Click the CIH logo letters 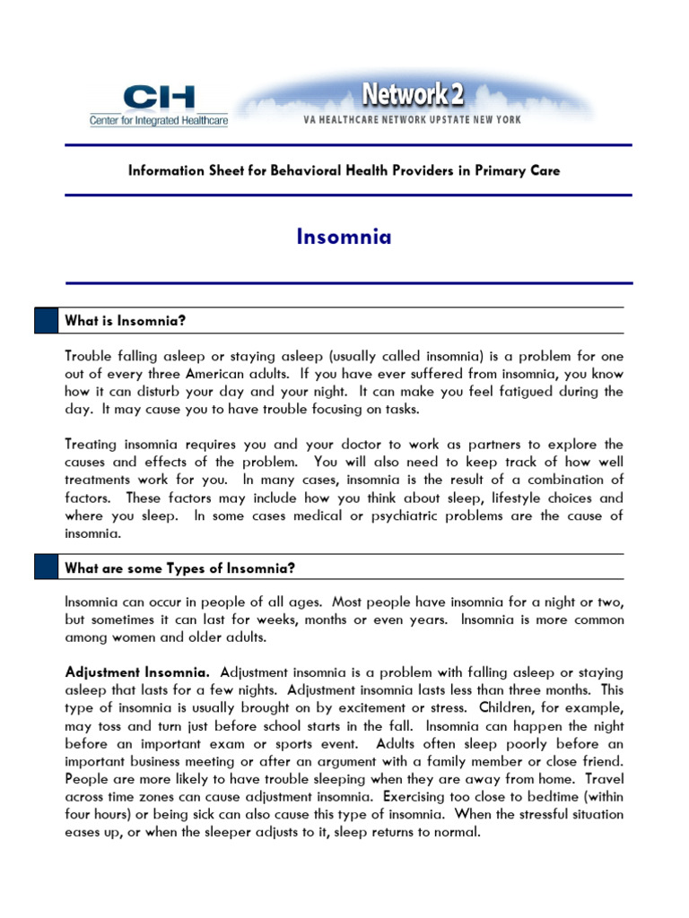pos(157,98)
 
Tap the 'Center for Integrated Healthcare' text pos(158,120)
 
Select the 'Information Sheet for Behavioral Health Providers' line pos(344,170)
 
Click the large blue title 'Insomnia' pos(344,238)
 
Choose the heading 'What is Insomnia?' pos(125,321)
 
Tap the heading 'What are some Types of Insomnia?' pos(179,568)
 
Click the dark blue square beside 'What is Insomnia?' pos(45,321)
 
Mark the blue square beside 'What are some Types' pos(45,568)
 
